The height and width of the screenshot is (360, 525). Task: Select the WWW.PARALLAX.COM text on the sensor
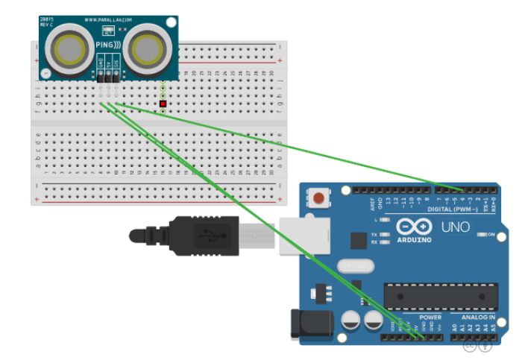(x=108, y=21)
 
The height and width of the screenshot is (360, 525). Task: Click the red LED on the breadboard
(x=163, y=104)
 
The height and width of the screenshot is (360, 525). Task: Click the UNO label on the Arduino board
(x=455, y=227)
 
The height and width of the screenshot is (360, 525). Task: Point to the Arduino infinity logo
(x=414, y=227)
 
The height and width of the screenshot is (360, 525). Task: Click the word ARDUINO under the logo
(x=414, y=240)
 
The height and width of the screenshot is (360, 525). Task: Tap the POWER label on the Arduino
(x=430, y=318)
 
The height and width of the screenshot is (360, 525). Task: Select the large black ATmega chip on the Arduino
(x=441, y=295)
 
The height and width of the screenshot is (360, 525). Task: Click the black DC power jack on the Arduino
(x=310, y=325)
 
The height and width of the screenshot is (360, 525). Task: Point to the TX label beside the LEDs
(x=384, y=235)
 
